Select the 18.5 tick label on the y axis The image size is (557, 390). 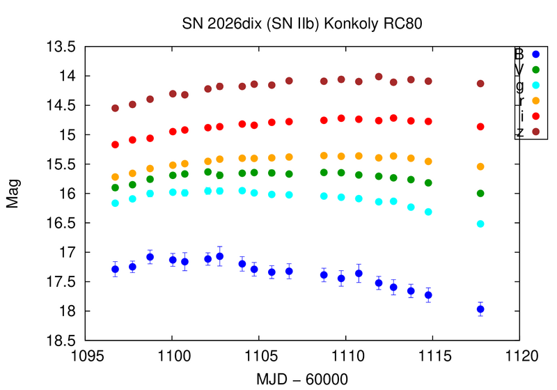[61, 341]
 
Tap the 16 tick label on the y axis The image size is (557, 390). [68, 194]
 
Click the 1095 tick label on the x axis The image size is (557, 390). [86, 356]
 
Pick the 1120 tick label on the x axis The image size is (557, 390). [519, 356]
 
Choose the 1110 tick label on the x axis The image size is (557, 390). [346, 356]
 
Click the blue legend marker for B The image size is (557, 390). [535, 54]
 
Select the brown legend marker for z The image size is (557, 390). [535, 132]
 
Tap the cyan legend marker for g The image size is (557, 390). [535, 85]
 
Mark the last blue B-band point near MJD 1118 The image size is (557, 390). [480, 309]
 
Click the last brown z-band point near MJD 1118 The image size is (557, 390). [480, 84]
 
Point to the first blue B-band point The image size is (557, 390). [116, 269]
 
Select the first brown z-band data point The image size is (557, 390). [116, 108]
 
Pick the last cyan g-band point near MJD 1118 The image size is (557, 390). [480, 224]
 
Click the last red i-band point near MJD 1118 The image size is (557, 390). [480, 127]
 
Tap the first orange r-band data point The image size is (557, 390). [116, 177]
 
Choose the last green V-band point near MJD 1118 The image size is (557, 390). [480, 193]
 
